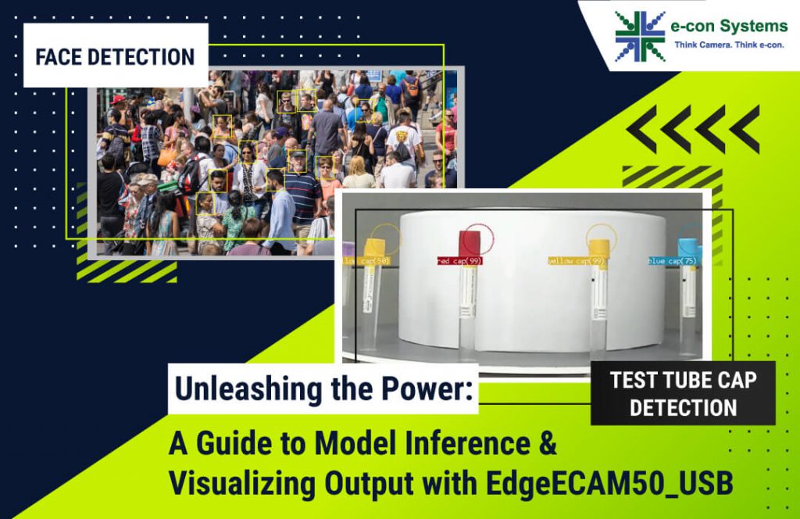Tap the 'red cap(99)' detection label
click(x=459, y=261)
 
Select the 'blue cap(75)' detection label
click(x=672, y=261)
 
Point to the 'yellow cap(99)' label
click(x=578, y=261)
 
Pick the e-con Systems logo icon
click(x=639, y=36)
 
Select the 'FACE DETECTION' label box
click(x=115, y=56)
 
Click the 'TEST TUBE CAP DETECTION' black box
click(x=683, y=393)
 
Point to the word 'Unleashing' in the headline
click(x=248, y=388)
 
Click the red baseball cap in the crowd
click(x=116, y=100)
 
